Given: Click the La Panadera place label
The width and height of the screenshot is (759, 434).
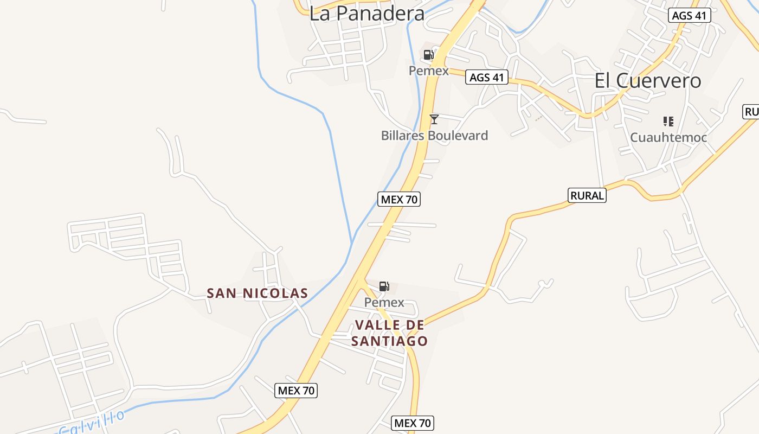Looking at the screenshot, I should coord(366,14).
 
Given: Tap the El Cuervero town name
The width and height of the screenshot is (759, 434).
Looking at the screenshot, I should coord(648,81).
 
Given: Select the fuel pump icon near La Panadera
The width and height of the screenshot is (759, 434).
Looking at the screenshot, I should coord(428,54).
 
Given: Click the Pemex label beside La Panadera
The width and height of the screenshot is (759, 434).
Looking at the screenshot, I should coord(428,71).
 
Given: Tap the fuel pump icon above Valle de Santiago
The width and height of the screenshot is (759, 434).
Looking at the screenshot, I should coord(384,286).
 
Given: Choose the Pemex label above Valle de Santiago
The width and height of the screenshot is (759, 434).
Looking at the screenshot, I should coord(384,302).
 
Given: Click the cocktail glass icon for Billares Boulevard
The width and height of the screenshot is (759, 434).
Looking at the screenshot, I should coord(434,119).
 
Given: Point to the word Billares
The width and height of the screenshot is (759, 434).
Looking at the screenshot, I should coord(402,136).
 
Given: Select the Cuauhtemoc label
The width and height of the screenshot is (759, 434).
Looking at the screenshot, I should coord(668,138).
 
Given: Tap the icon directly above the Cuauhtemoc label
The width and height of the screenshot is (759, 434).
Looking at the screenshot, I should coord(668,122).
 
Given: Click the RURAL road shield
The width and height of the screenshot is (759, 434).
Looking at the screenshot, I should coord(587,195).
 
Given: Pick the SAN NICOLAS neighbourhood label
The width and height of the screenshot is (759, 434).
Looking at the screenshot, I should coord(258,293).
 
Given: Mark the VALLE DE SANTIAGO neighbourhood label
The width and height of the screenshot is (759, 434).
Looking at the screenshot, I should coord(389,333).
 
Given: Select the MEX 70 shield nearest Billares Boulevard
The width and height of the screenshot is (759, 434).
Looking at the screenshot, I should coord(399,199).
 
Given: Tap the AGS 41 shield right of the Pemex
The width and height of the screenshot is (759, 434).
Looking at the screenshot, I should coord(487,78).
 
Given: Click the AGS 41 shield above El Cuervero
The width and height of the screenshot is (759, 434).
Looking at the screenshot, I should coord(689,15).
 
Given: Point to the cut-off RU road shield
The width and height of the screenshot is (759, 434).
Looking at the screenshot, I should coord(751,112).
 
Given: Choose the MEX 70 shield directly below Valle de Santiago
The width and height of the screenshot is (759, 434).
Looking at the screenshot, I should coord(413,423).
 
